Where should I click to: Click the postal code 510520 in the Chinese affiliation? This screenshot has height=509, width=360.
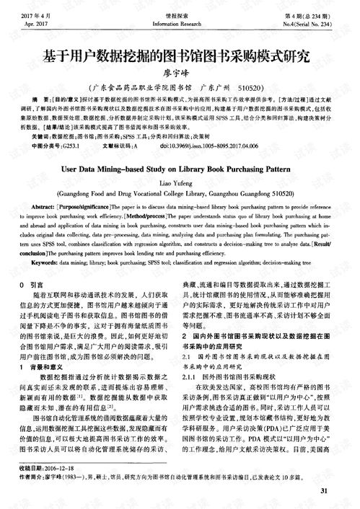click(x=255, y=85)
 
